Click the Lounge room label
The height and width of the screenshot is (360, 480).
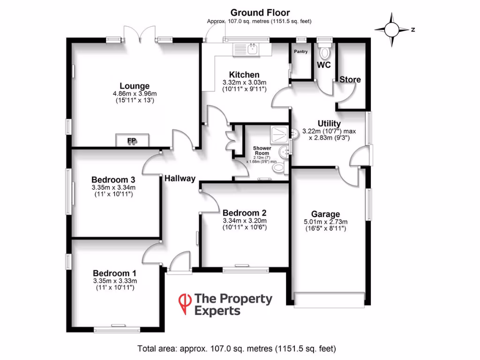[x=135, y=86]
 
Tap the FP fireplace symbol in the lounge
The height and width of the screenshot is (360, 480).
[x=133, y=140]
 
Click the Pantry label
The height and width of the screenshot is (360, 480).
[x=300, y=52]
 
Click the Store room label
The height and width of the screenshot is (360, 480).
[x=350, y=80]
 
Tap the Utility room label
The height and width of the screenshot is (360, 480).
[x=329, y=124]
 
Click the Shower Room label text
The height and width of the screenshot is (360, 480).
[x=262, y=150]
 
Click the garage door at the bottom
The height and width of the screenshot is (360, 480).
[x=329, y=300]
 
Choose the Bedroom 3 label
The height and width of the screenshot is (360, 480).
[x=113, y=180]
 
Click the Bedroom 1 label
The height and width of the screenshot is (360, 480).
[x=114, y=273]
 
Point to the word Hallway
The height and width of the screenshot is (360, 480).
[x=180, y=178]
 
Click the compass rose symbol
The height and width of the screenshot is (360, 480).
[x=392, y=30]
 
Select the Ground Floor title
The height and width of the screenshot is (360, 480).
[x=260, y=13]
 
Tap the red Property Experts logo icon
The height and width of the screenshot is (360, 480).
[x=186, y=303]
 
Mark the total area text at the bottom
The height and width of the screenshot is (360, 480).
[x=237, y=348]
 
